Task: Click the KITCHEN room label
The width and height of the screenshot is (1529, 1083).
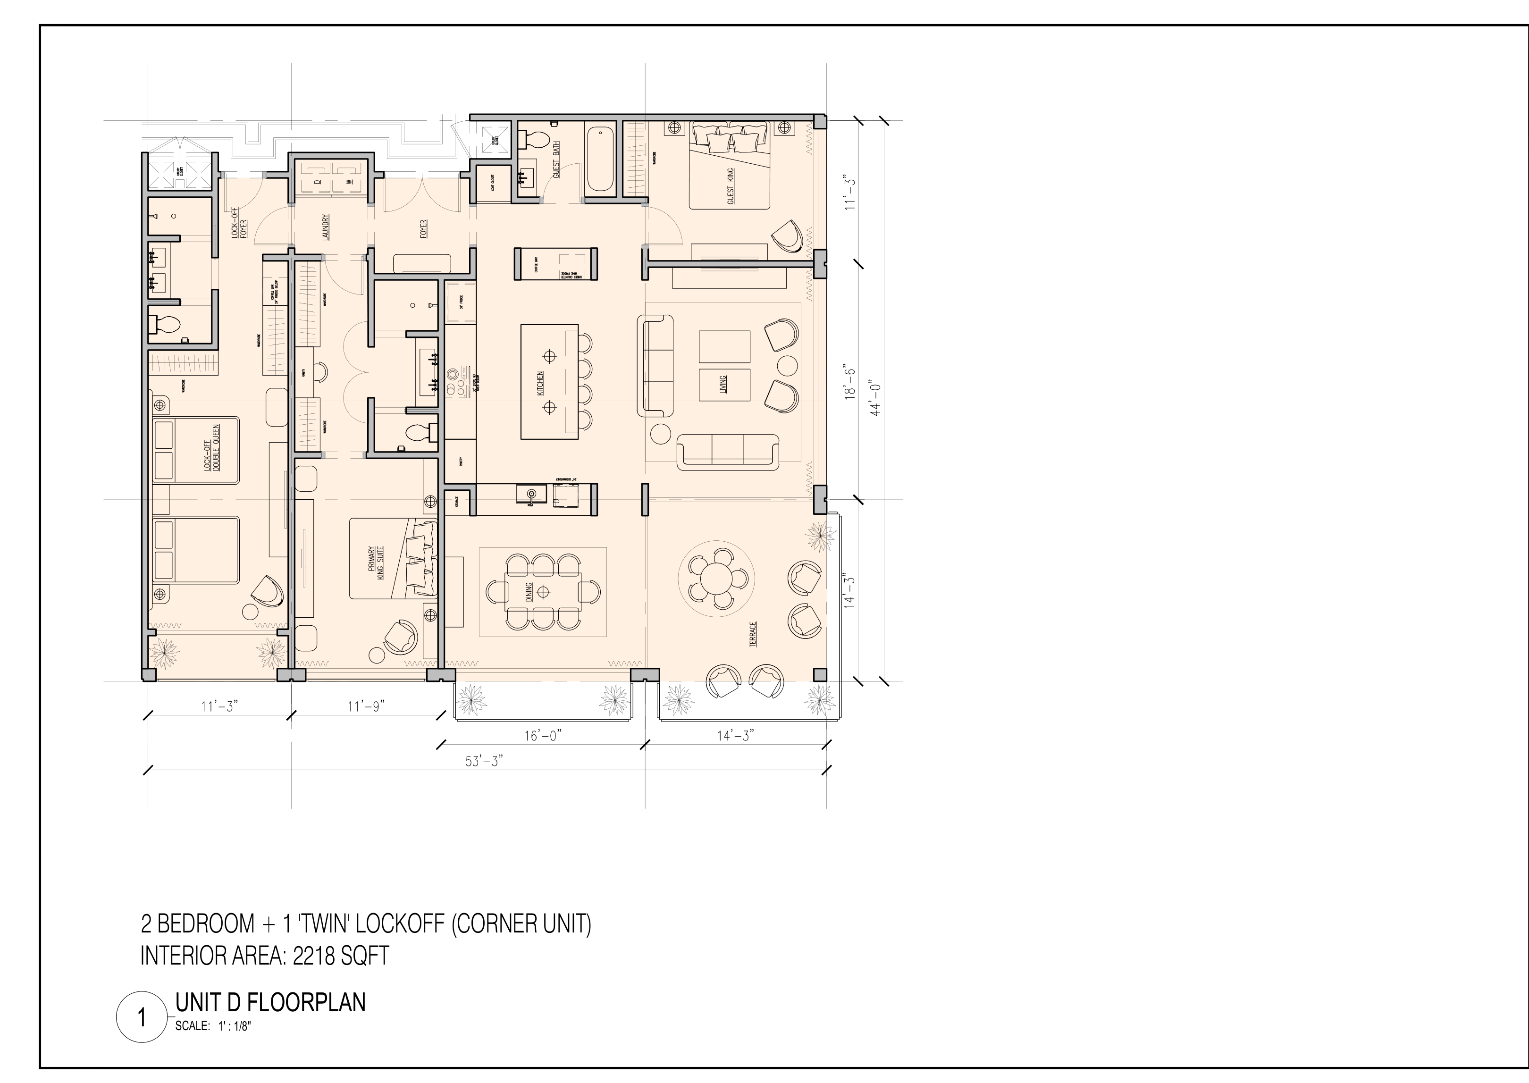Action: tap(541, 384)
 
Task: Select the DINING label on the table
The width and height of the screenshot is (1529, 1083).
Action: tap(529, 591)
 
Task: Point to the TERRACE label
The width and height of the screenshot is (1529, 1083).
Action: tap(753, 634)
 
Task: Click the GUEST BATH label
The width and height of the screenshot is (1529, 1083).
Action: tap(556, 160)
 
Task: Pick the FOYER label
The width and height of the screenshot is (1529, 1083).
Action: tap(423, 229)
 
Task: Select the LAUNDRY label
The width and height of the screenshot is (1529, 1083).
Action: tap(326, 228)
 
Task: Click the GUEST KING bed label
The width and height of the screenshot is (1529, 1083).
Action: tap(731, 186)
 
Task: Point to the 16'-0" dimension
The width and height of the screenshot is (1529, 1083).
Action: tap(543, 736)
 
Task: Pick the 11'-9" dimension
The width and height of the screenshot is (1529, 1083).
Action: tap(365, 705)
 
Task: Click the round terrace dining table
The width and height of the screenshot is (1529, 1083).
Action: tap(717, 574)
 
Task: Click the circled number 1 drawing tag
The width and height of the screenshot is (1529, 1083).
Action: tap(142, 1018)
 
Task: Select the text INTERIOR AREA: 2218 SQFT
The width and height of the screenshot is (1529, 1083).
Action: tap(264, 956)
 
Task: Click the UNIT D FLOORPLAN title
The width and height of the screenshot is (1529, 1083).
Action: tap(270, 1002)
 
